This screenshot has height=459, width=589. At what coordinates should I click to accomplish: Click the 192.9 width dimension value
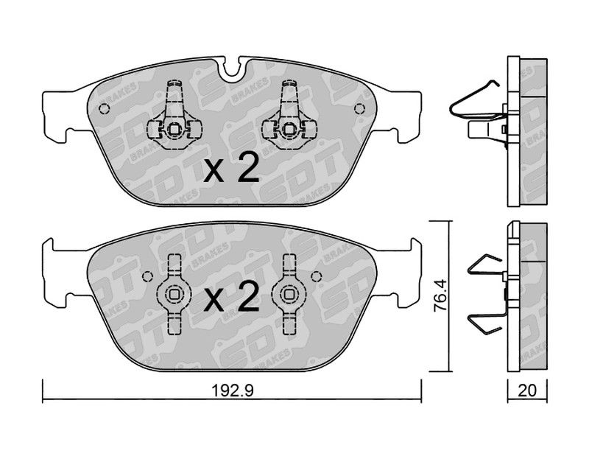(233, 390)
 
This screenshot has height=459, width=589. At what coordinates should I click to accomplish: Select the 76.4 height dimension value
(440, 295)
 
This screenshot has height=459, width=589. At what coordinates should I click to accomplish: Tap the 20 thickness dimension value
(527, 390)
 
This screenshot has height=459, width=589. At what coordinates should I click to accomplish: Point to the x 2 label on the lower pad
(231, 297)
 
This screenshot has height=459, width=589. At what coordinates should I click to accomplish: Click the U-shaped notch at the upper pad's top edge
(230, 68)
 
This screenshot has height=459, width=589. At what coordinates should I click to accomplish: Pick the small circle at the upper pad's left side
(104, 109)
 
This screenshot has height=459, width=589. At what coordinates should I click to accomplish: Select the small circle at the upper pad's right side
(359, 109)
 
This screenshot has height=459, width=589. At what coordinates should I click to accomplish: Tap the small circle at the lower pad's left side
(148, 277)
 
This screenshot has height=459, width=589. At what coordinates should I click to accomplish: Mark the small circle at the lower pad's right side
(317, 277)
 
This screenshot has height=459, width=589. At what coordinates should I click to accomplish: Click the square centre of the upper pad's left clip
(174, 130)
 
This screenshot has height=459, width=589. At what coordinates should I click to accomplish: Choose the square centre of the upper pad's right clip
(289, 130)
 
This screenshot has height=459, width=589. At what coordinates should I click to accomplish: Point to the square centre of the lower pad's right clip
(289, 294)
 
